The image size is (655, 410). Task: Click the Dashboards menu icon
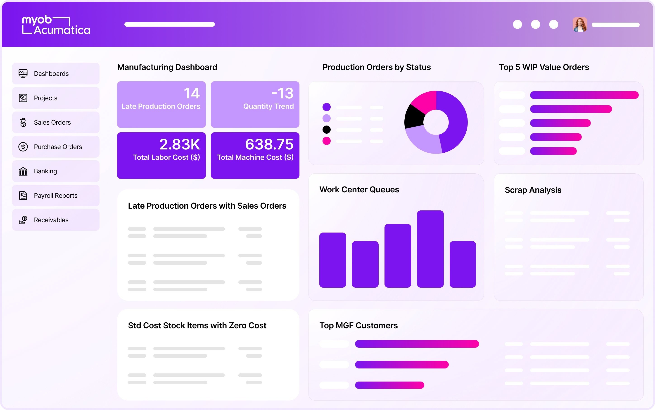click(x=23, y=73)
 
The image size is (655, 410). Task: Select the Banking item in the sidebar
click(x=56, y=171)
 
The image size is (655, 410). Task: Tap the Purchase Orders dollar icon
click(x=23, y=147)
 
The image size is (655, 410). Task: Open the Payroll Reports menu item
click(x=56, y=196)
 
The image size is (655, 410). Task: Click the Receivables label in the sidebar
click(x=51, y=220)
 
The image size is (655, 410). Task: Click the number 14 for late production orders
click(x=192, y=93)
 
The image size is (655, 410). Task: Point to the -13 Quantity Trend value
click(x=282, y=93)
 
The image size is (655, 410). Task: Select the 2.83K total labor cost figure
click(x=180, y=144)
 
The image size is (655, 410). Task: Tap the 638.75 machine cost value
click(x=269, y=144)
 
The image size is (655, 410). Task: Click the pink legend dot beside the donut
click(x=326, y=141)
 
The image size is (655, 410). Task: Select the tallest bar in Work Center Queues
click(x=430, y=249)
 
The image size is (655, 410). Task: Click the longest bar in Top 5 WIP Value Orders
click(x=584, y=95)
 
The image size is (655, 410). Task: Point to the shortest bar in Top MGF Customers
click(x=389, y=385)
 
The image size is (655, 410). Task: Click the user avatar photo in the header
click(x=580, y=25)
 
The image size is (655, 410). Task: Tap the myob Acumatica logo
click(x=56, y=25)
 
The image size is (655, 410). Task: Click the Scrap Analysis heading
click(x=533, y=190)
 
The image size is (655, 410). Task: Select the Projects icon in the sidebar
click(x=23, y=98)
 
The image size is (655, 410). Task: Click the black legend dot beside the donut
click(x=326, y=130)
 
